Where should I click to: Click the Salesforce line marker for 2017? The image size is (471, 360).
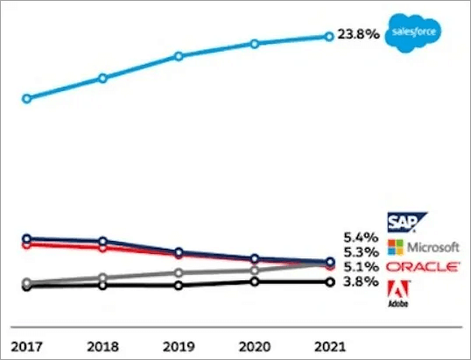pyautogui.click(x=26, y=98)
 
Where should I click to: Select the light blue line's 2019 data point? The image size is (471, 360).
pyautogui.click(x=179, y=56)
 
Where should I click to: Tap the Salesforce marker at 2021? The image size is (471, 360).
pyautogui.click(x=329, y=36)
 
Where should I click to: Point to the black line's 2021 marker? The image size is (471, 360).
pyautogui.click(x=329, y=282)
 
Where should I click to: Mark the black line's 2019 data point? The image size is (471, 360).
pyautogui.click(x=179, y=286)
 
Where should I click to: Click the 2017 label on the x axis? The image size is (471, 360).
pyautogui.click(x=26, y=344)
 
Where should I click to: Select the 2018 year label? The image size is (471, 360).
pyautogui.click(x=102, y=344)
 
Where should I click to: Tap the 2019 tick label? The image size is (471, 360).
pyautogui.click(x=179, y=344)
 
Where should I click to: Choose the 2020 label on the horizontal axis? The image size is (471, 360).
pyautogui.click(x=254, y=344)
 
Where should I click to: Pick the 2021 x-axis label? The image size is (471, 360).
pyautogui.click(x=329, y=344)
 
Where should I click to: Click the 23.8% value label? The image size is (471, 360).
pyautogui.click(x=359, y=36)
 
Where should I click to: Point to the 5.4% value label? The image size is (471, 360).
pyautogui.click(x=362, y=236)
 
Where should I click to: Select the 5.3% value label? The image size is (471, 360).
pyautogui.click(x=362, y=251)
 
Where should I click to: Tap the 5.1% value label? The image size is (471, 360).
pyautogui.click(x=362, y=266)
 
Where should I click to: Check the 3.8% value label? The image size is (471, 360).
pyautogui.click(x=362, y=282)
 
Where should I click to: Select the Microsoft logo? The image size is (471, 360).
pyautogui.click(x=424, y=247)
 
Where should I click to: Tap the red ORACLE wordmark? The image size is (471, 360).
pyautogui.click(x=424, y=265)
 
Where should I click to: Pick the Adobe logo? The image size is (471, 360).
pyautogui.click(x=397, y=293)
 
